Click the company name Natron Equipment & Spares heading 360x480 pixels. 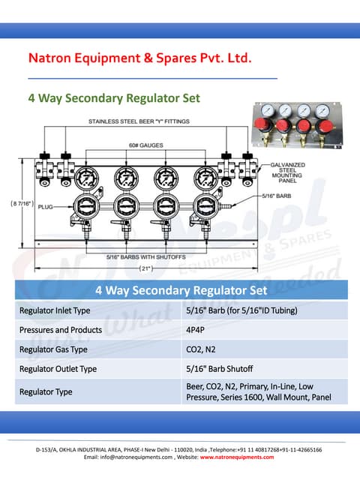click(139, 58)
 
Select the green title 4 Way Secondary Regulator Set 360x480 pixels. click(114, 98)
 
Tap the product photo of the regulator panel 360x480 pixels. click(293, 125)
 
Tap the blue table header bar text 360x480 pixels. click(181, 289)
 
